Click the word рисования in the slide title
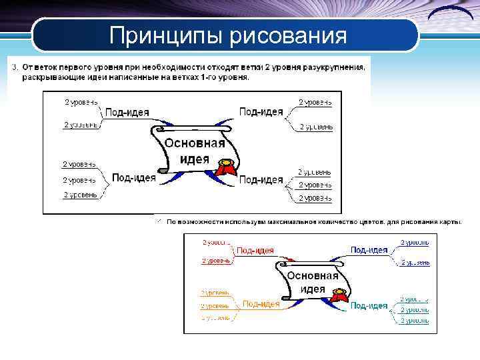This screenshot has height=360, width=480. tap(288, 35)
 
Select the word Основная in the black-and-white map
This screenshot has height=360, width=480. tap(195, 143)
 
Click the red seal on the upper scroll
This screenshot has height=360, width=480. tap(228, 163)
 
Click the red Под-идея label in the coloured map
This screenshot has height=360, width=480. tap(255, 251)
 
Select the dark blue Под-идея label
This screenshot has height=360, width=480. tap(369, 250)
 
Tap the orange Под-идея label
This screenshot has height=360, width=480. tap(261, 304)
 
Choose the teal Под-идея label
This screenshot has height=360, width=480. tap(369, 305)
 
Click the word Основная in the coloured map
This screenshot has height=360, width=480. tap(313, 275)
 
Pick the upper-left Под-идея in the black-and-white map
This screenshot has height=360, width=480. tap(127, 112)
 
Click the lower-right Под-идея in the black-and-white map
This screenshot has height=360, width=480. tap(261, 179)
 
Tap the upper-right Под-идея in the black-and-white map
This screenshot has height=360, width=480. tap(261, 112)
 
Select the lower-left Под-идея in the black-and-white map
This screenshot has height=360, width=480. tap(134, 177)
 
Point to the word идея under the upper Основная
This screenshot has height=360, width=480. tap(195, 160)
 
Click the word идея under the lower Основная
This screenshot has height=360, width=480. tap(313, 289)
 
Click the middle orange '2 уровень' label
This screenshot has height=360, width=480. tap(215, 306)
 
